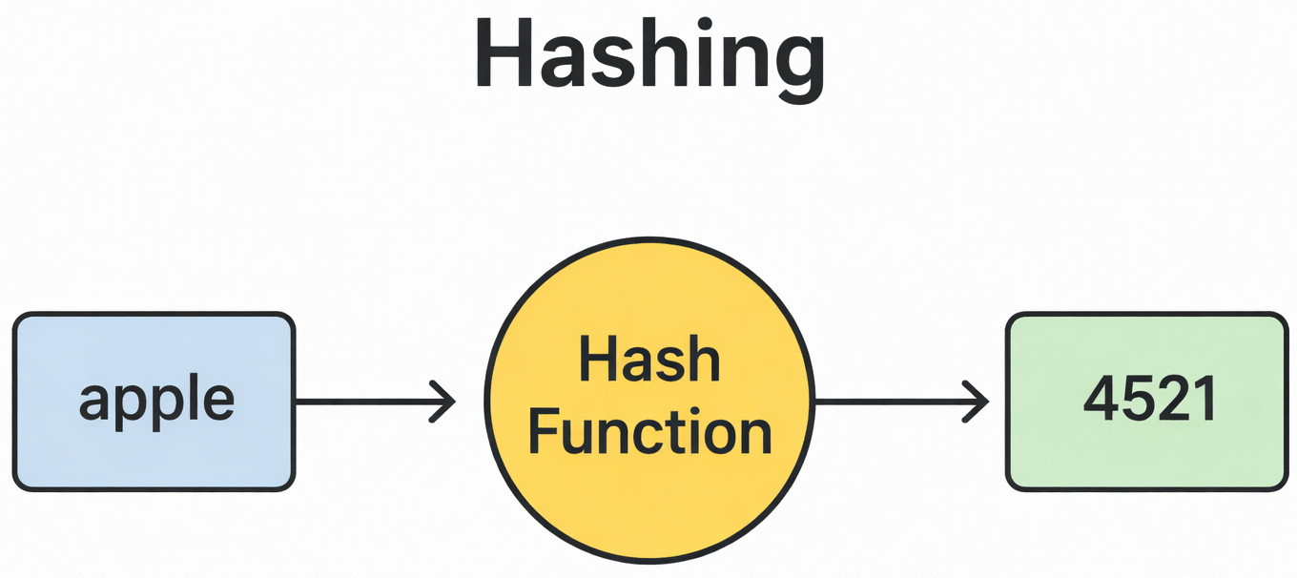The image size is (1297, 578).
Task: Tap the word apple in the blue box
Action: (x=156, y=402)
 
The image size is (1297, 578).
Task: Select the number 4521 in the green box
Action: (x=1150, y=402)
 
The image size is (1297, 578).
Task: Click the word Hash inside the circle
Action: (x=648, y=362)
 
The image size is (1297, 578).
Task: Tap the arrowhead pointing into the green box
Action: (x=978, y=402)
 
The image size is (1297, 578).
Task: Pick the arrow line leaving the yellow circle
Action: (x=896, y=402)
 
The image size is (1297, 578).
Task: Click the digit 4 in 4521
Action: (x=1101, y=402)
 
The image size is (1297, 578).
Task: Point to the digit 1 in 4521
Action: (x=1204, y=402)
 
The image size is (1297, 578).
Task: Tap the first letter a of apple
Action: (x=93, y=404)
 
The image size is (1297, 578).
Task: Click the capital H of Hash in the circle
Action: (x=595, y=362)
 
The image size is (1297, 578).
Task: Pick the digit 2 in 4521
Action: (x=1169, y=402)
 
